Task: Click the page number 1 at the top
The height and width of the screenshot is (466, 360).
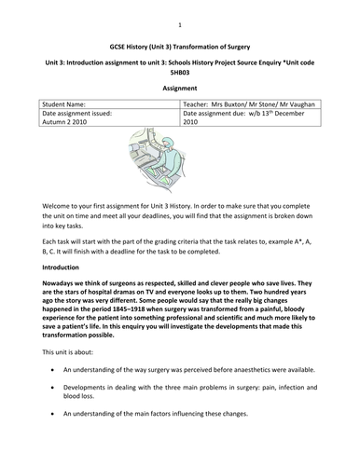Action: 179,15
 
